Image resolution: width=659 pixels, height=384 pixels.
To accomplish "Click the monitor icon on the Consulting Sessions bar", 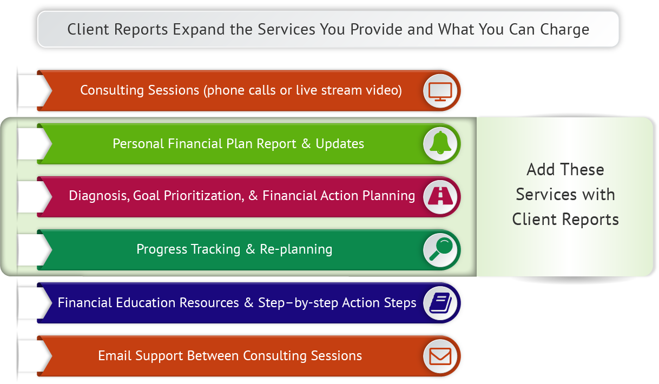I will coord(440,90).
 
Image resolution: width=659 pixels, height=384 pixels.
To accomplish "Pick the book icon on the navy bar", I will coord(440,302).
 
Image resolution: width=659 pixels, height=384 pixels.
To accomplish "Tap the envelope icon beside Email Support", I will coord(440,356).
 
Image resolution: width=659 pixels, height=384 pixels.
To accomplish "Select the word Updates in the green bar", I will coord(340,144).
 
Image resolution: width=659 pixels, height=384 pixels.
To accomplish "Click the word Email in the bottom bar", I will coord(115,356).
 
